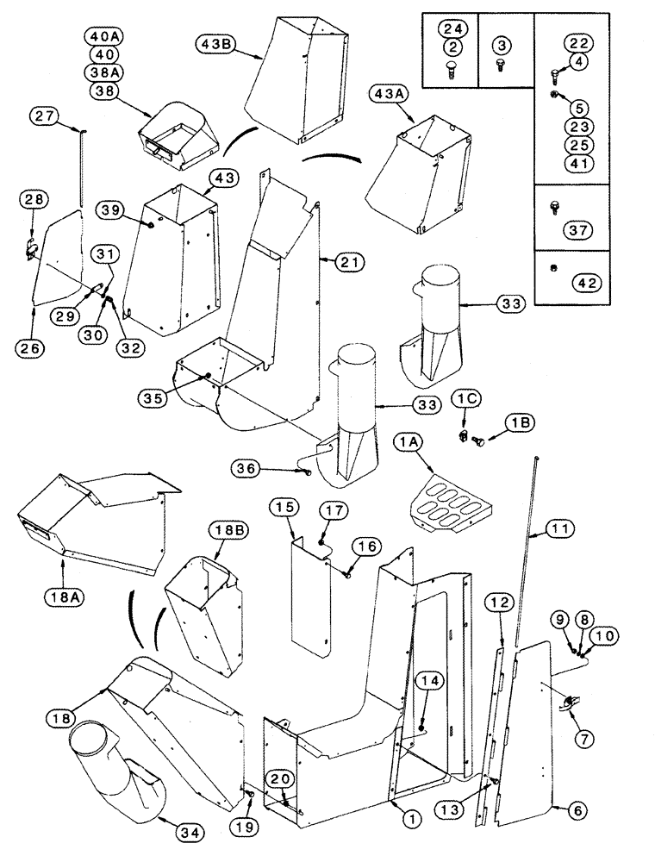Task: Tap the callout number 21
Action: pos(328,260)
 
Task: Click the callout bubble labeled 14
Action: pos(431,679)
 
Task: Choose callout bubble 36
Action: pos(246,468)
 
